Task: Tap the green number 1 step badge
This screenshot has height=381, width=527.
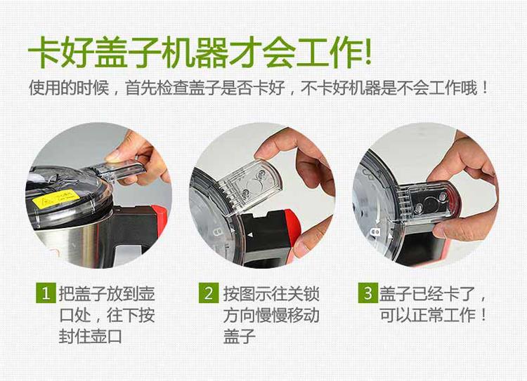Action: pyautogui.click(x=46, y=293)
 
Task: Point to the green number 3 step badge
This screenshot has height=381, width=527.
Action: pyautogui.click(x=367, y=293)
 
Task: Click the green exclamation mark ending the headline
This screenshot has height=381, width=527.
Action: pyautogui.click(x=367, y=51)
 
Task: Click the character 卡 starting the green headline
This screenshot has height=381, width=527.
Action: pyautogui.click(x=44, y=52)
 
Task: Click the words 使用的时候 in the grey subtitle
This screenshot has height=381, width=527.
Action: pyautogui.click(x=69, y=88)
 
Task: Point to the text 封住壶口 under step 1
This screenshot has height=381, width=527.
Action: pyautogui.click(x=90, y=335)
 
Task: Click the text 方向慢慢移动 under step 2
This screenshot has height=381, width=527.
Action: pyautogui.click(x=271, y=315)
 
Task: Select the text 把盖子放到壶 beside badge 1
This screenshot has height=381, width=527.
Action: pyautogui.click(x=107, y=294)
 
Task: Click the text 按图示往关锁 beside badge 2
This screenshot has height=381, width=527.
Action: pyautogui.click(x=271, y=294)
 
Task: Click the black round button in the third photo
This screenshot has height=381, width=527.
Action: pyautogui.click(x=430, y=202)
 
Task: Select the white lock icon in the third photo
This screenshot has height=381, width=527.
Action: pyautogui.click(x=375, y=232)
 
